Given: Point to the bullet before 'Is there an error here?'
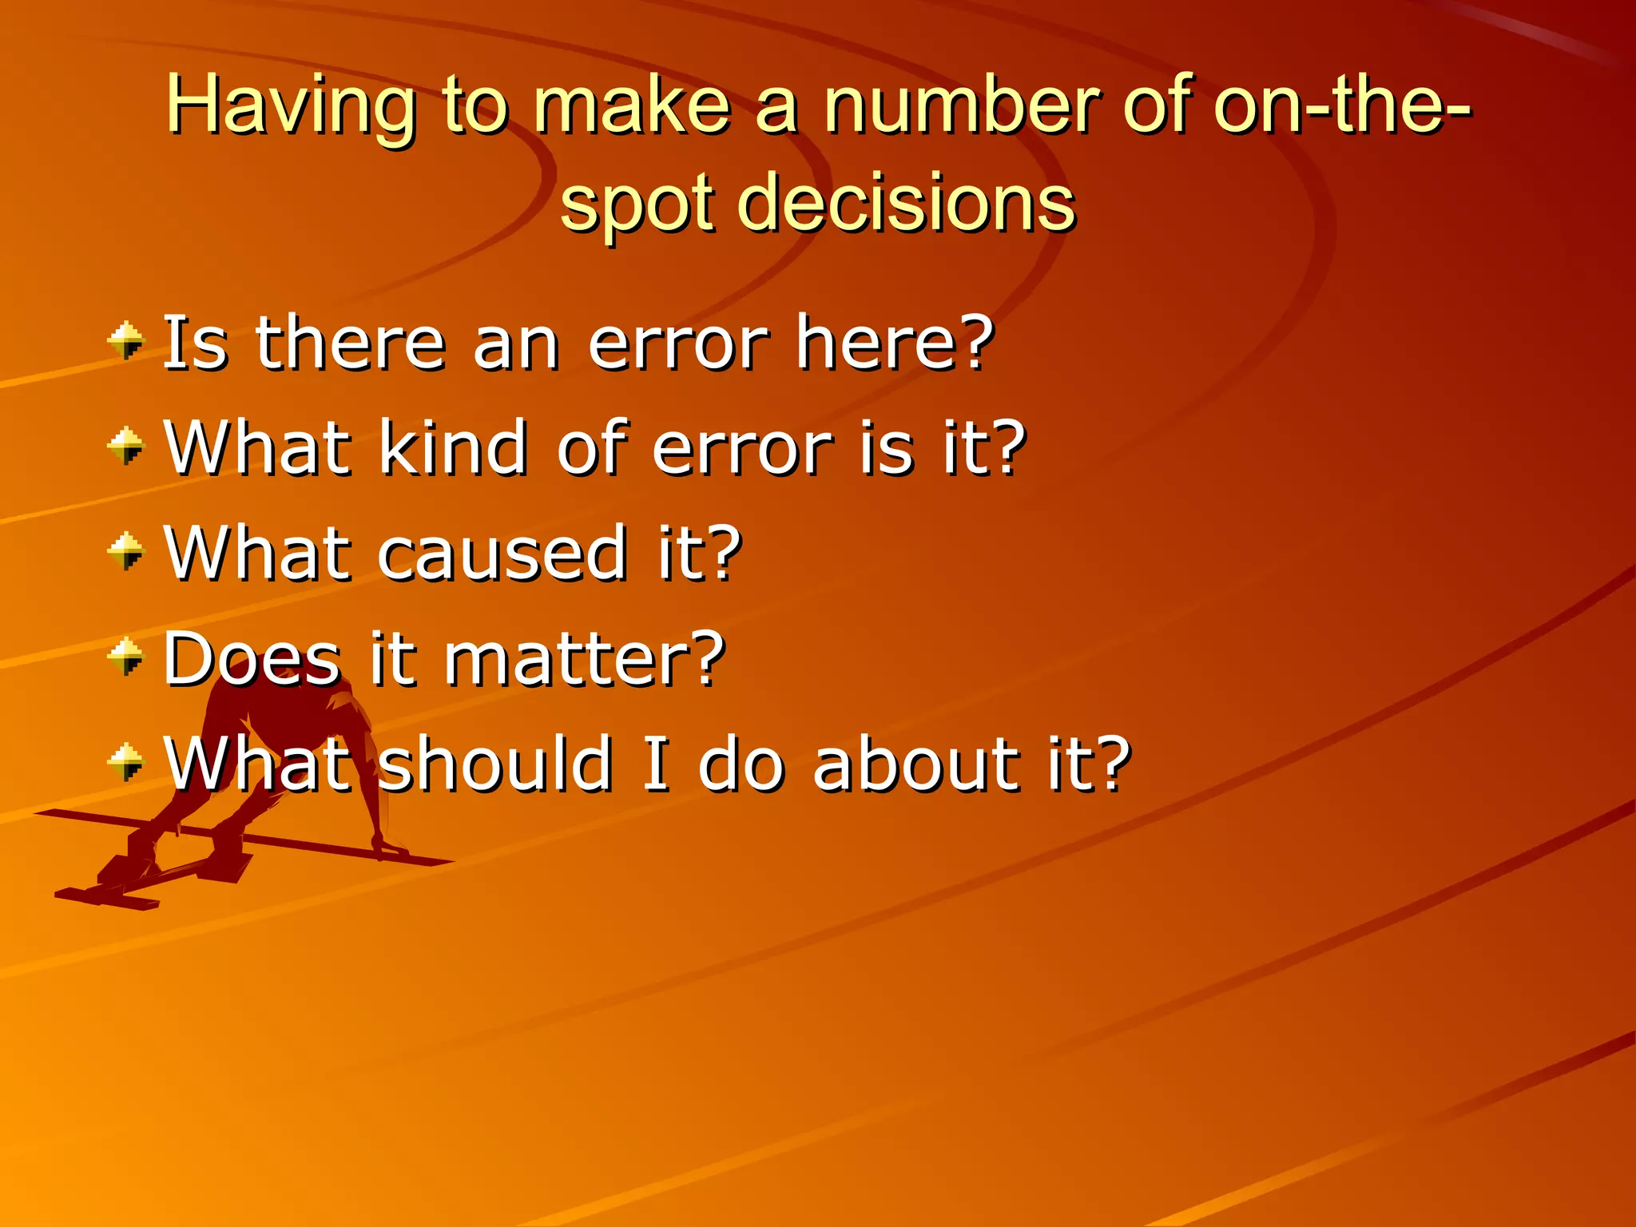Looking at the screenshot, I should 126,341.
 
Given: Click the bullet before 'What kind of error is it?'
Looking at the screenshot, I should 126,446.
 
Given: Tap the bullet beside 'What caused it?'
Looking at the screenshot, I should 126,551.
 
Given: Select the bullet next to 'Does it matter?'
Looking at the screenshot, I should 126,657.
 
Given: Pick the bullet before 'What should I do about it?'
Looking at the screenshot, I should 126,762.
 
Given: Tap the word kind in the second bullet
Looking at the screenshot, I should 452,447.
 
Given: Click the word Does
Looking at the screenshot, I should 252,658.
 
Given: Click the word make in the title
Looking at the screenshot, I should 631,105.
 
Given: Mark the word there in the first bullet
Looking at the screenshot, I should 350,343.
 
